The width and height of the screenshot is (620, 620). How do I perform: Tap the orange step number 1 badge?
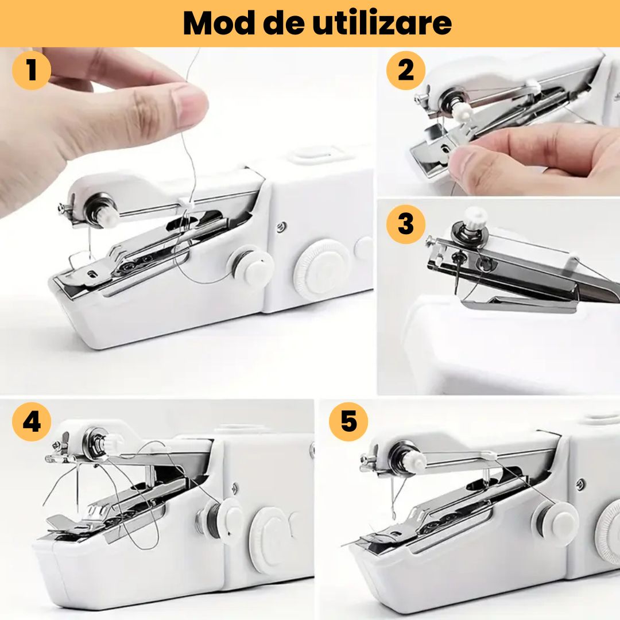tap(32, 71)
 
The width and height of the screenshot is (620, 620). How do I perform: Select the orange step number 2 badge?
tap(406, 71)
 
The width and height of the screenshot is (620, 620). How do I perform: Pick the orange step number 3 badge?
tap(406, 223)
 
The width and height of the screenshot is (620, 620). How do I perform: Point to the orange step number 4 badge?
tap(32, 422)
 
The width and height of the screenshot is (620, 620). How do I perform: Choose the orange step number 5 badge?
tap(348, 421)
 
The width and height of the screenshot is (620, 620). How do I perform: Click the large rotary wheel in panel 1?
tap(320, 269)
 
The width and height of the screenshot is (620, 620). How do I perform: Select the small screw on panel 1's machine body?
tap(281, 226)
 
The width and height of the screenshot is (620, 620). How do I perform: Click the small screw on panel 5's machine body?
tap(580, 483)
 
